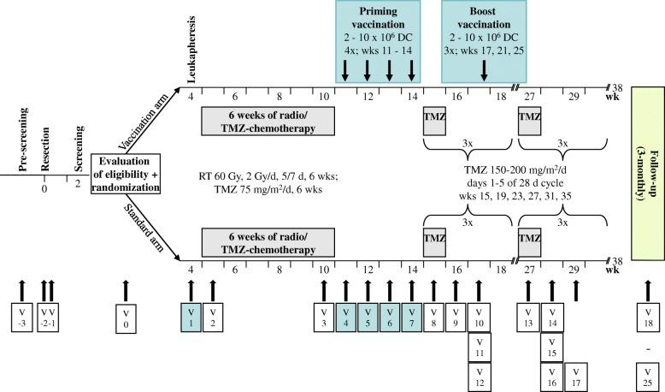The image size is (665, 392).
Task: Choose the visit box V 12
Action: [480, 375]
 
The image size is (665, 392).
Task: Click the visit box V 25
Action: [646, 375]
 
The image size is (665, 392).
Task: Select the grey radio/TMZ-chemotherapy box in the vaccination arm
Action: [258, 122]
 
